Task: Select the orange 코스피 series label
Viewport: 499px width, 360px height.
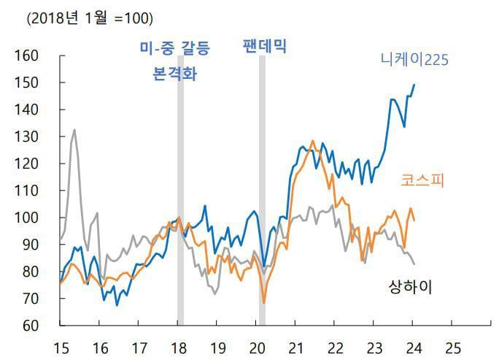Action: (x=422, y=180)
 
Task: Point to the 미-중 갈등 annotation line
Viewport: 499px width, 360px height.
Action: (x=174, y=49)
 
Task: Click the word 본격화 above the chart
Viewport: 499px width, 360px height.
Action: (x=174, y=74)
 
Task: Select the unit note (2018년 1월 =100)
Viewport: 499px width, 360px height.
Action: (x=90, y=18)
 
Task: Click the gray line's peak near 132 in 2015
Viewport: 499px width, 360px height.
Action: (x=74, y=130)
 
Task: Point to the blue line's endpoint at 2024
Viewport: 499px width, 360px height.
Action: (x=414, y=85)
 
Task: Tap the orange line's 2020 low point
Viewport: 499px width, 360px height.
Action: (x=263, y=302)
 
